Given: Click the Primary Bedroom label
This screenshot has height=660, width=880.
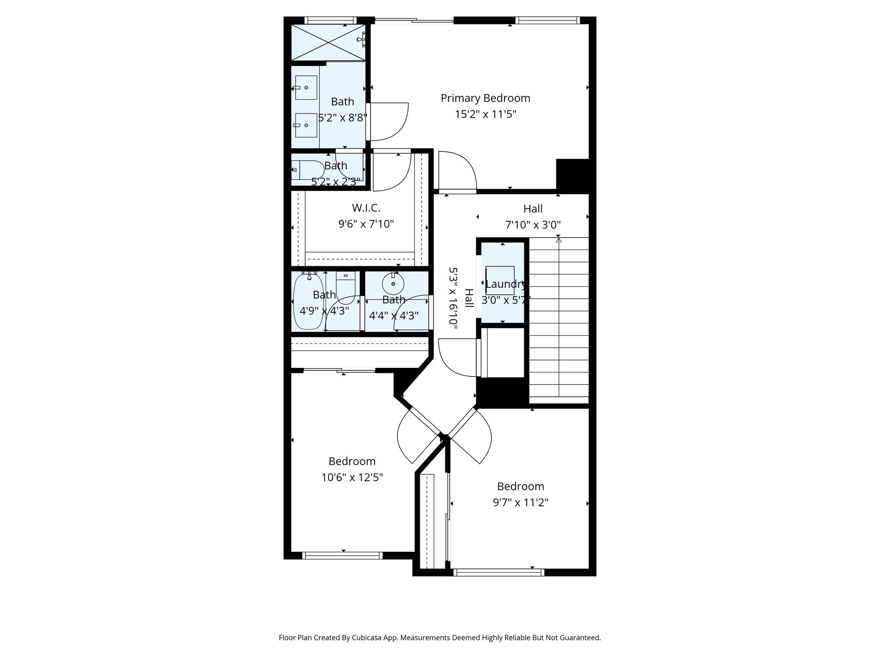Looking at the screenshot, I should tap(485, 98).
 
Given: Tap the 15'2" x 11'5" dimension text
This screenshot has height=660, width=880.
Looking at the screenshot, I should tap(485, 115).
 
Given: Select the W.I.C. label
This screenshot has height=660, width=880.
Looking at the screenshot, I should tap(366, 208).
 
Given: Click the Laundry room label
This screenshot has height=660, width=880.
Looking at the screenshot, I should tap(505, 284).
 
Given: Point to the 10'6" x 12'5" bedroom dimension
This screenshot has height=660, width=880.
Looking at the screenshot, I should tap(352, 477).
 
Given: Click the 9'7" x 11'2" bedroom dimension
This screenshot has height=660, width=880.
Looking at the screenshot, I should tap(520, 502).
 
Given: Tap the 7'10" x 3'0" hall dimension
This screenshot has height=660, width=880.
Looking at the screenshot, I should tap(533, 225).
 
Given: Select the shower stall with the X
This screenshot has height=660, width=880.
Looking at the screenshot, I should tap(328, 42).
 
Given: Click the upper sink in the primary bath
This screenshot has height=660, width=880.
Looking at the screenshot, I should tap(306, 88).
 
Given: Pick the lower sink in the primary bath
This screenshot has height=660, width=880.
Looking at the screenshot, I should tap(306, 125).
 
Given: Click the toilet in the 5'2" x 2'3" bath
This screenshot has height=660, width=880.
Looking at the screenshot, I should tap(306, 170).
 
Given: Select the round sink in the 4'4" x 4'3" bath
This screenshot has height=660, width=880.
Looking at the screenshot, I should tap(393, 283).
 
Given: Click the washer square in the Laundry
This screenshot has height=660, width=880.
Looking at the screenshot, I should tap(500, 280).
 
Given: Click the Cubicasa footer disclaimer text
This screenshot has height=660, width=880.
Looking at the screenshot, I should tap(440, 638).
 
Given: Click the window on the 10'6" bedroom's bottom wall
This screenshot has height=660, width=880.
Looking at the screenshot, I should tap(342, 556).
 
